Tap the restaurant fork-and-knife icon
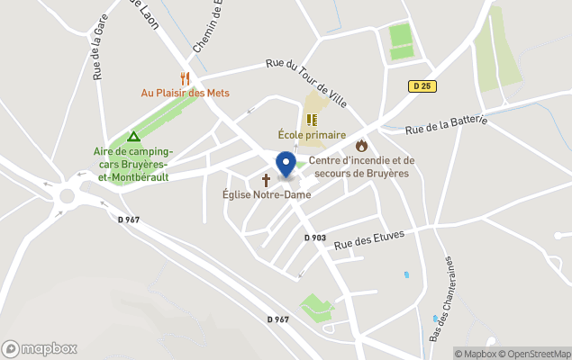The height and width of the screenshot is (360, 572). (x=185, y=78)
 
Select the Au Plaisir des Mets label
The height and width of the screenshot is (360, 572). (x=186, y=93)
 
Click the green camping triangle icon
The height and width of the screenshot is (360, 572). (x=133, y=137)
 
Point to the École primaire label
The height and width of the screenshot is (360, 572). (x=311, y=135)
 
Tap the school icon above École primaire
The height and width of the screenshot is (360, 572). (x=312, y=120)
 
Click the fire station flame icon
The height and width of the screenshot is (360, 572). (x=361, y=145)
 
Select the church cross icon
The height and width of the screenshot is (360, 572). (x=266, y=180)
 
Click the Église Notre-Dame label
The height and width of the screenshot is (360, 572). (x=268, y=194)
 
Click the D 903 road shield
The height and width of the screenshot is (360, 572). (x=314, y=238)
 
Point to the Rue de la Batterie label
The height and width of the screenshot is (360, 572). (x=446, y=125)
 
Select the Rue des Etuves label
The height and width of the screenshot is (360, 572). (x=368, y=238)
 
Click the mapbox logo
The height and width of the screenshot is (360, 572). (x=40, y=348)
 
